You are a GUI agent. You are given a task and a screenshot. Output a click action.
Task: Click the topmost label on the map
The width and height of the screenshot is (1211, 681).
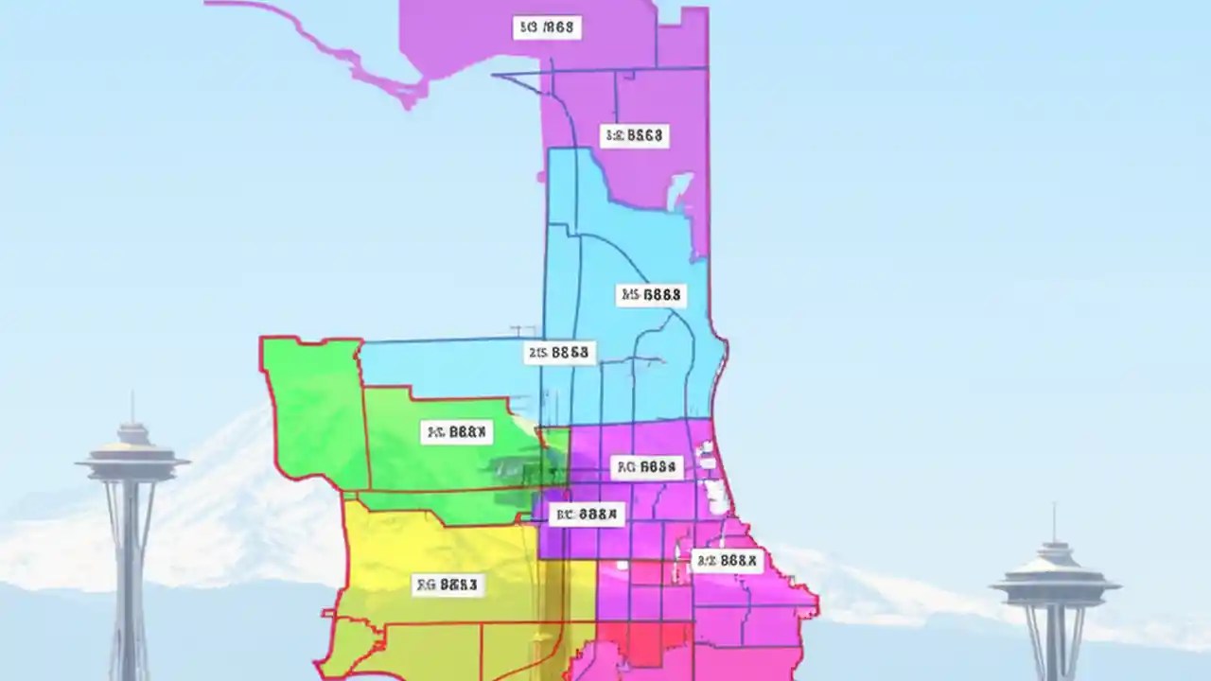pyautogui.click(x=547, y=27)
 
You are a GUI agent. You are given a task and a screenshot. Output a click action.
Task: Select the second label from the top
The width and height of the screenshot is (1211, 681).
pyautogui.click(x=634, y=136)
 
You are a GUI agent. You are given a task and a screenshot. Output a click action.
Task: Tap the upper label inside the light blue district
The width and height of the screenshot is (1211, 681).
pyautogui.click(x=650, y=295)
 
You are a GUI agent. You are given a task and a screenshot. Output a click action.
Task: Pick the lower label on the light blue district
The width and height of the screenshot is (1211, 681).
pyautogui.click(x=559, y=353)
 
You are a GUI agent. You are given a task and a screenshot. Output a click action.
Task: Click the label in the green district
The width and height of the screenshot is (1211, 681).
pyautogui.click(x=456, y=433)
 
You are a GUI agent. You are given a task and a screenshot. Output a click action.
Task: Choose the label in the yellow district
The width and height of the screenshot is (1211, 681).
pyautogui.click(x=448, y=585)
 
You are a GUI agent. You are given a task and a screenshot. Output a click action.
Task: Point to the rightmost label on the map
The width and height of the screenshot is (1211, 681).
pyautogui.click(x=727, y=561)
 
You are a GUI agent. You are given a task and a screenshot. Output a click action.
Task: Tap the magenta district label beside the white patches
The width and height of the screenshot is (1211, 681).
pyautogui.click(x=647, y=466)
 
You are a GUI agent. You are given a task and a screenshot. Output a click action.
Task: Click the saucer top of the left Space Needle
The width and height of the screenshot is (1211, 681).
pyautogui.click(x=132, y=461)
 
